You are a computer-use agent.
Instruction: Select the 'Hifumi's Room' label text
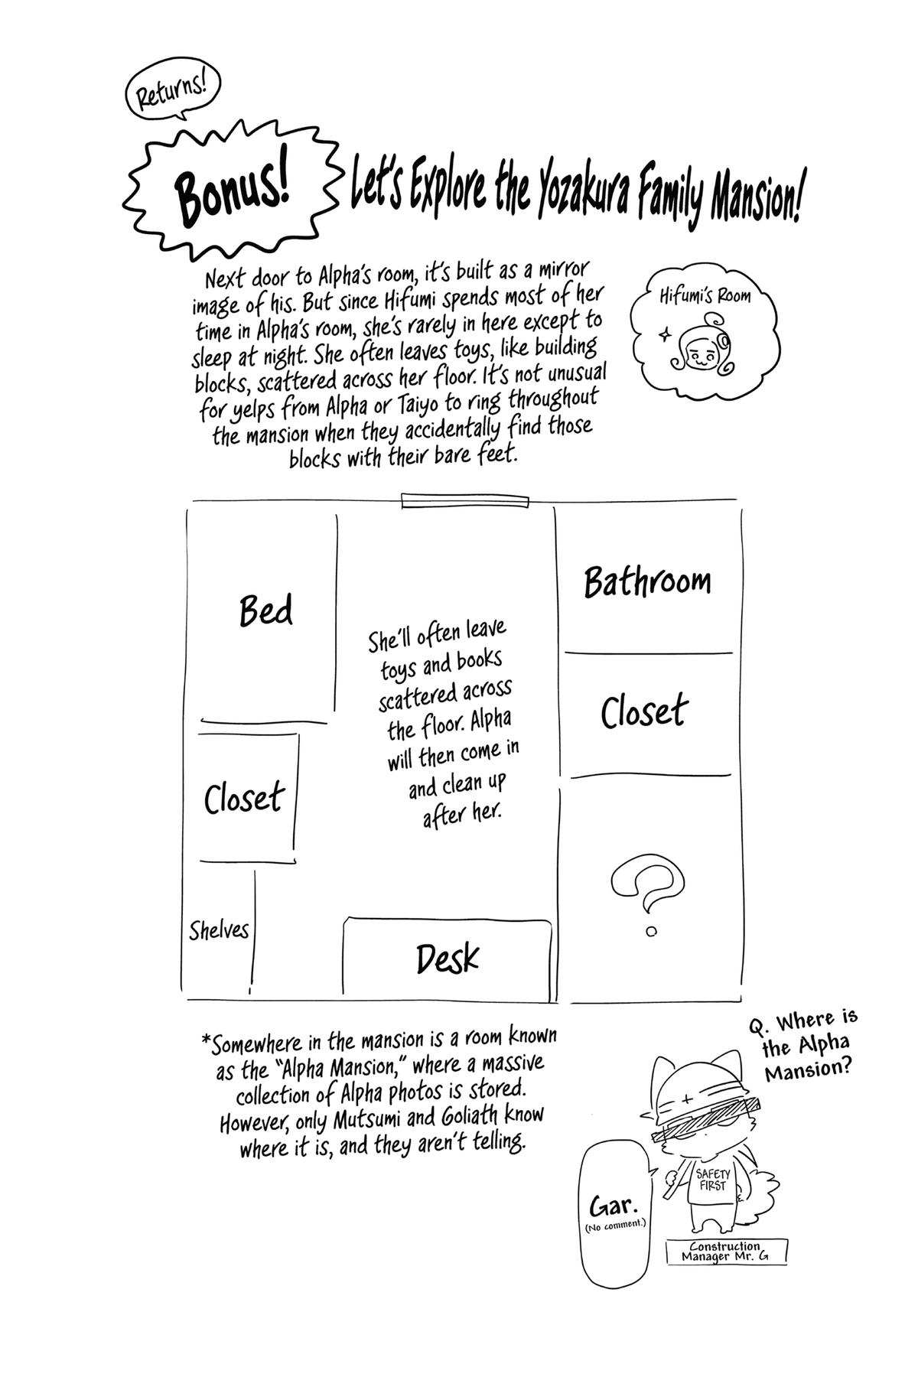click(704, 295)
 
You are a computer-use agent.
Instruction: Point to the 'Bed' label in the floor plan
click(265, 610)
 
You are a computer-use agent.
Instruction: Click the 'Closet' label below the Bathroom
click(643, 711)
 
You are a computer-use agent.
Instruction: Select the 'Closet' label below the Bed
click(244, 798)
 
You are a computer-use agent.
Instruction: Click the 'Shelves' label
click(220, 930)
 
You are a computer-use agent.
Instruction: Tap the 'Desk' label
click(448, 958)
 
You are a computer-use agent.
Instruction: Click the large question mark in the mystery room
click(647, 893)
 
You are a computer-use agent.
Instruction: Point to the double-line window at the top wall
click(465, 501)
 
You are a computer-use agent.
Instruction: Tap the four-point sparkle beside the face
click(666, 334)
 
